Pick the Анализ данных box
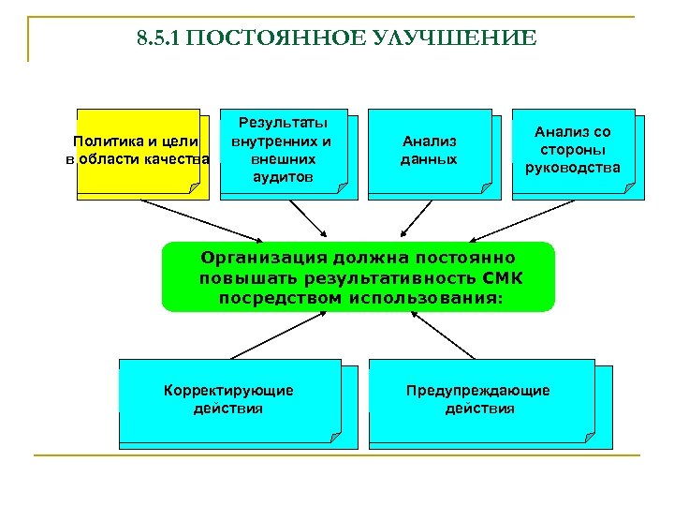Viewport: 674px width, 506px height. [x=430, y=150]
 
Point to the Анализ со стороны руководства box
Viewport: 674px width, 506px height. [x=573, y=151]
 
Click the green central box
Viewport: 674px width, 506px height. [x=358, y=277]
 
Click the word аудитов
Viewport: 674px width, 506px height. [x=284, y=177]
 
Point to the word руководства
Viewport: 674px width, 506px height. [x=573, y=169]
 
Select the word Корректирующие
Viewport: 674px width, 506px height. [x=227, y=390]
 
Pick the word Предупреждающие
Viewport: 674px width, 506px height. [x=478, y=390]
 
